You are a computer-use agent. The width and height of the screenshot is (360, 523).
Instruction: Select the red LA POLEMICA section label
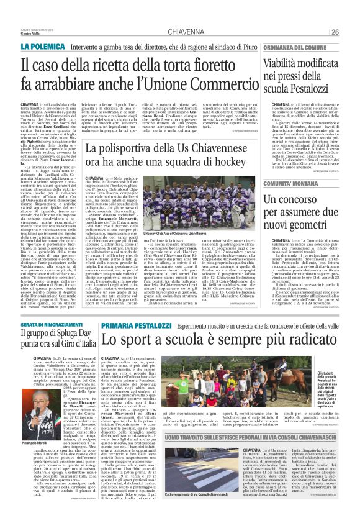tap(43, 46)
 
